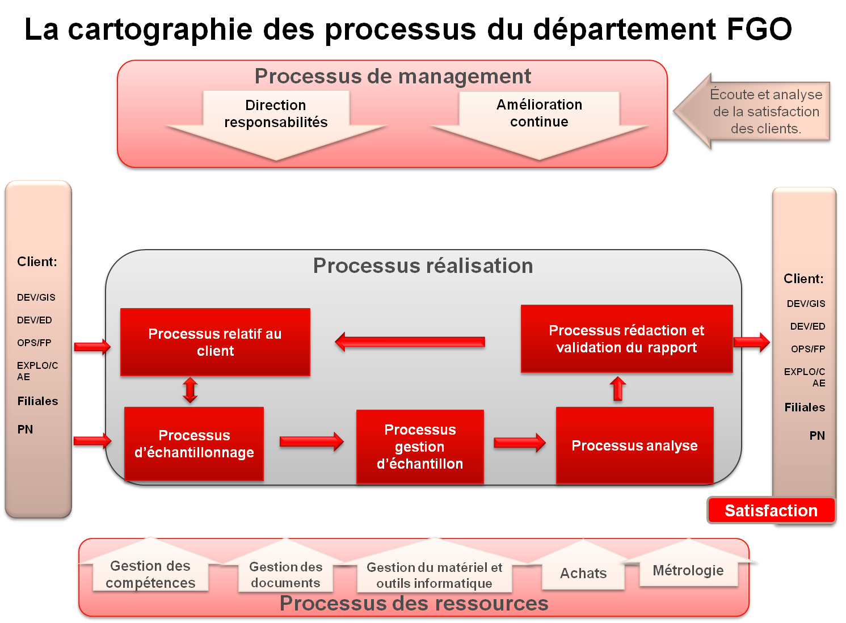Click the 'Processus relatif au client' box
point(215,342)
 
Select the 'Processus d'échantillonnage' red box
point(194,444)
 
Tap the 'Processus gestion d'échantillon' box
point(420,447)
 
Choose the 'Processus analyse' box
point(634,445)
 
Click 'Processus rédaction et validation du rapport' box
point(626,339)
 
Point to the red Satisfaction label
point(771,511)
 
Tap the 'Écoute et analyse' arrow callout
point(755,112)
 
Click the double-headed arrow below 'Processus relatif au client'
point(190,390)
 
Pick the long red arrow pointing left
point(410,342)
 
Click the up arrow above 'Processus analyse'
point(618,389)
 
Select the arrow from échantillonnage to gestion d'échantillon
point(312,441)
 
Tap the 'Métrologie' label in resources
point(688,570)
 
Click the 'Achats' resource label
point(583,573)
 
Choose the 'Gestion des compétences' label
point(150,574)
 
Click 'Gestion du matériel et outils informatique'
point(434,575)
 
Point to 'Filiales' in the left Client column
point(37,401)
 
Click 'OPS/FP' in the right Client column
point(808,349)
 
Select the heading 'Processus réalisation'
point(423,266)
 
